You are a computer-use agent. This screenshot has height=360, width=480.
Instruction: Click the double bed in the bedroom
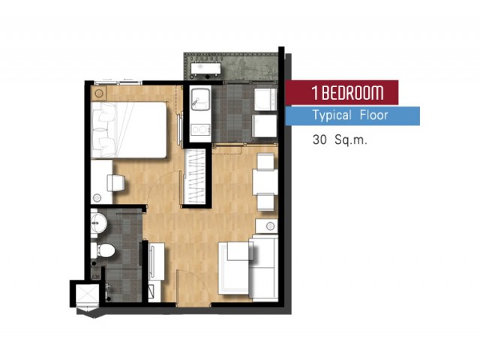[129, 130]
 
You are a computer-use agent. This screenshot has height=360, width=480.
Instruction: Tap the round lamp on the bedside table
[98, 93]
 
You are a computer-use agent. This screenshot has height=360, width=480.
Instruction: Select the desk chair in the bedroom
[115, 183]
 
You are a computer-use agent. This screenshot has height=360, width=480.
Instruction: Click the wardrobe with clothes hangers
[196, 176]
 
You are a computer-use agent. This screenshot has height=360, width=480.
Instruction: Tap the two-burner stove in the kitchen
[200, 130]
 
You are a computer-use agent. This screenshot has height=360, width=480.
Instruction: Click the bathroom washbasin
[98, 223]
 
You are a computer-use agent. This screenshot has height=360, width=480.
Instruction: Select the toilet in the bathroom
[103, 250]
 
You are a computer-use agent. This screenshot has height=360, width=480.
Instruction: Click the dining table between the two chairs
[265, 181]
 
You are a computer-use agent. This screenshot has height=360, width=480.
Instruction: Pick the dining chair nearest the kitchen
[265, 162]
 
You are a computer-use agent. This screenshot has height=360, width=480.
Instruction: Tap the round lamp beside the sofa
[270, 226]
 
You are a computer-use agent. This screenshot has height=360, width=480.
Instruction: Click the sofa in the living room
[263, 267]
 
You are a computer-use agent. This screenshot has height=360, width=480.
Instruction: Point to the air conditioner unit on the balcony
[205, 68]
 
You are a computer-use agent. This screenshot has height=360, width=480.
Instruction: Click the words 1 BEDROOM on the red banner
[347, 92]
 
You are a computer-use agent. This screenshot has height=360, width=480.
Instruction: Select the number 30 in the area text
[319, 140]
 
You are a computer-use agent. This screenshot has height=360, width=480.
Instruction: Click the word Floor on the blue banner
[374, 115]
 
